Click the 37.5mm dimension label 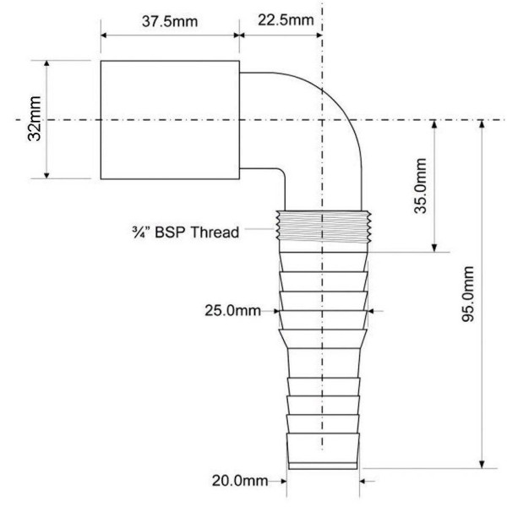coord(166,20)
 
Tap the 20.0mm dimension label coord(239,481)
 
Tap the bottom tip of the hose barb coord(324,466)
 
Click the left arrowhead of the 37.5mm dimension coord(106,35)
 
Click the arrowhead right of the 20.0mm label coord(365,481)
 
